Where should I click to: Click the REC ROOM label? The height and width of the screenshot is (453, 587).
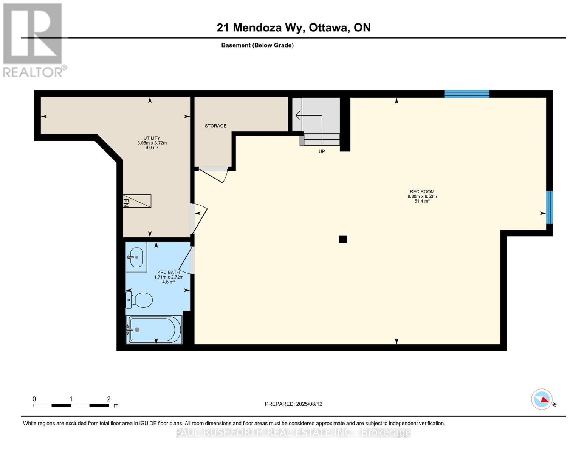[422, 191]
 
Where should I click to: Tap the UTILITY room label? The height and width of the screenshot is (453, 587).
[152, 138]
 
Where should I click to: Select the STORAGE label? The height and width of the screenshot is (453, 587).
[215, 126]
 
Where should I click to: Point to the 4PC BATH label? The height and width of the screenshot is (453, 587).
[169, 272]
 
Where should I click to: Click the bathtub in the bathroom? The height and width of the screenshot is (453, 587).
[154, 330]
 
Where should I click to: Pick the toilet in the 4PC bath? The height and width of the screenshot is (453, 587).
[139, 300]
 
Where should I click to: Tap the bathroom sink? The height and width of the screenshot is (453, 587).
[136, 257]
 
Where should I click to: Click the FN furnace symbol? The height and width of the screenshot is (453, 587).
[137, 201]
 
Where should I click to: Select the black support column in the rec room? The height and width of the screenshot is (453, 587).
[343, 239]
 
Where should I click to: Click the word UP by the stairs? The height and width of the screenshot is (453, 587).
[321, 151]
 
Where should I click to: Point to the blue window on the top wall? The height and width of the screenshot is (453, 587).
[467, 94]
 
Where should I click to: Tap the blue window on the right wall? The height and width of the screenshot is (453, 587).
[550, 208]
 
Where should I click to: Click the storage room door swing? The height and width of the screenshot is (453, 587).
[214, 176]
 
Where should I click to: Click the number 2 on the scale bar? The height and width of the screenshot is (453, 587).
[108, 399]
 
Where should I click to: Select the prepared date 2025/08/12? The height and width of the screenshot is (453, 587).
[309, 404]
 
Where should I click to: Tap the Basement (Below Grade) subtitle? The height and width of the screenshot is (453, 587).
[257, 45]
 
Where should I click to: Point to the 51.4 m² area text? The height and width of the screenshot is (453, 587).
[422, 201]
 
